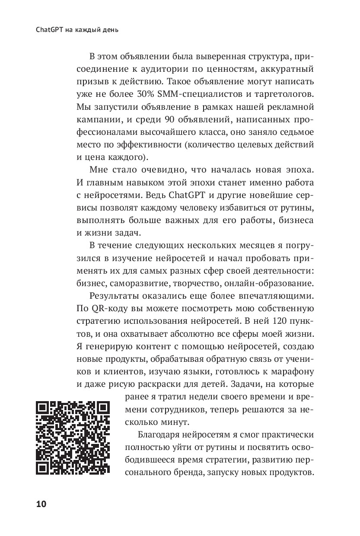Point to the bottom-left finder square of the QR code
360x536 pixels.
43,468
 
